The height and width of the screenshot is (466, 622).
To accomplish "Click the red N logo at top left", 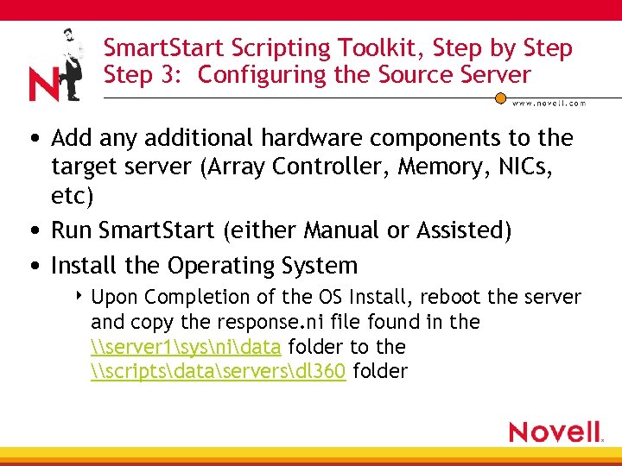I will (x=44, y=85).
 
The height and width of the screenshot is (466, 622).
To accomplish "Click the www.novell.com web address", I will (x=549, y=103).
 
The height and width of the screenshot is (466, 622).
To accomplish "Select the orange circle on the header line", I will (x=499, y=98).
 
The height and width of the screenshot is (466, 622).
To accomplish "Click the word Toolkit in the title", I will (x=374, y=48).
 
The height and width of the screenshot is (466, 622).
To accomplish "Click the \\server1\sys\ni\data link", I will (x=185, y=347).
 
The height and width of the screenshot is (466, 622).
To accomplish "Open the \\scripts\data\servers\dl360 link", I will (x=218, y=372).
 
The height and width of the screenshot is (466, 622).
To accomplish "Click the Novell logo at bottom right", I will (x=555, y=431).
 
